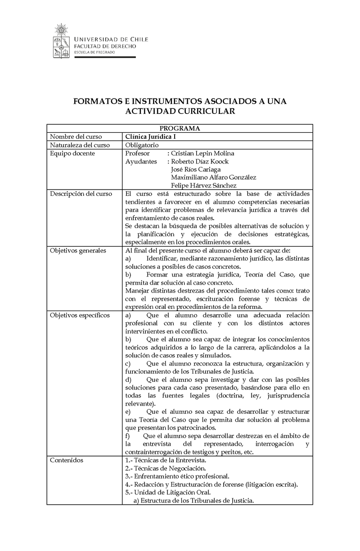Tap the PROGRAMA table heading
tap(180, 128)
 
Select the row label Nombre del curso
tap(76, 137)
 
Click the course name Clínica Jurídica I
tap(151, 137)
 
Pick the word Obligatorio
tap(142, 145)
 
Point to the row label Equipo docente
tap(72, 154)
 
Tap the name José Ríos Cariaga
tap(196, 170)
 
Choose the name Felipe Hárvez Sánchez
tap(203, 186)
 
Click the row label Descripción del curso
tap(81, 194)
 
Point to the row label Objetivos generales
tap(78, 251)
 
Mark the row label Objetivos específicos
tap(80, 315)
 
